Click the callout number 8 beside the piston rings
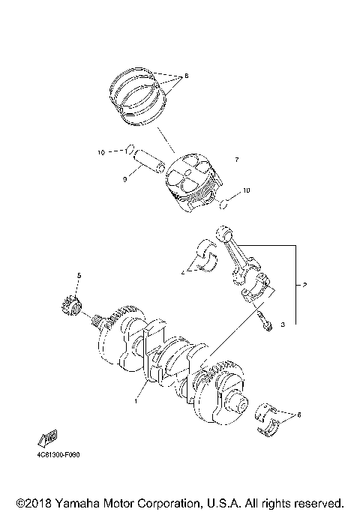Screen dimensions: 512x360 pos(186,76)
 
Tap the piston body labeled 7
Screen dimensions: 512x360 pos(194,184)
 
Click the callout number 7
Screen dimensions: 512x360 pos(236,160)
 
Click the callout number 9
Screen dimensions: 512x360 pos(126,179)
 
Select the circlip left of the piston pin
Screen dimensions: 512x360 pos(130,147)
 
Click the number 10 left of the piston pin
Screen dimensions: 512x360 pos(100,153)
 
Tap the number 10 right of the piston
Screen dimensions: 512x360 pos(246,190)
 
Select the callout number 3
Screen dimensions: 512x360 pos(283,326)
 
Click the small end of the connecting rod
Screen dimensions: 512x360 pos(223,235)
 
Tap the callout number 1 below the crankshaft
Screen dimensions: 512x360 pos(135,402)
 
